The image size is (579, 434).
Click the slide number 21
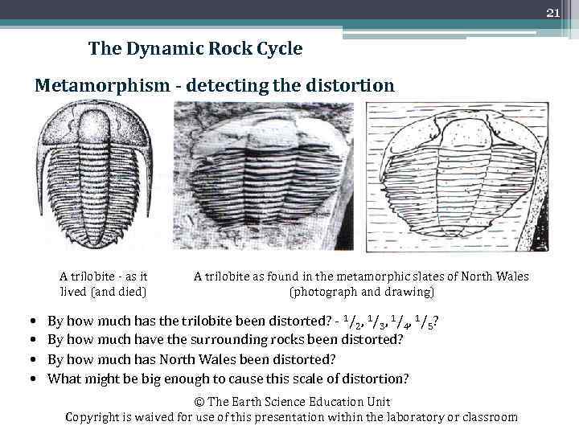click(x=552, y=12)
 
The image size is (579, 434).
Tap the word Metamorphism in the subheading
click(x=98, y=84)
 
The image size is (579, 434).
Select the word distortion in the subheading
click(x=351, y=84)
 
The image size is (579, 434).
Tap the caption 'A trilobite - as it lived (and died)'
click(x=104, y=284)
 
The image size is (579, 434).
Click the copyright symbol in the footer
click(x=199, y=402)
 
